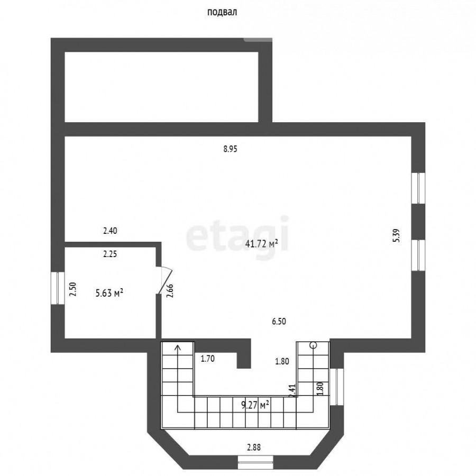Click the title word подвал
coord(222,12)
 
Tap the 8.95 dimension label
coord(230,149)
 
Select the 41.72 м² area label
coord(262,244)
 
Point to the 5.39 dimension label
coord(396,235)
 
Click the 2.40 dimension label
coord(109,231)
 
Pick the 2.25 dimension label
coord(109,254)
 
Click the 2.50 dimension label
coord(74,290)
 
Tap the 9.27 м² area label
coord(255,405)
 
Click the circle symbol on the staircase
coord(313,345)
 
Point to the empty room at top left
coord(161,87)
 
